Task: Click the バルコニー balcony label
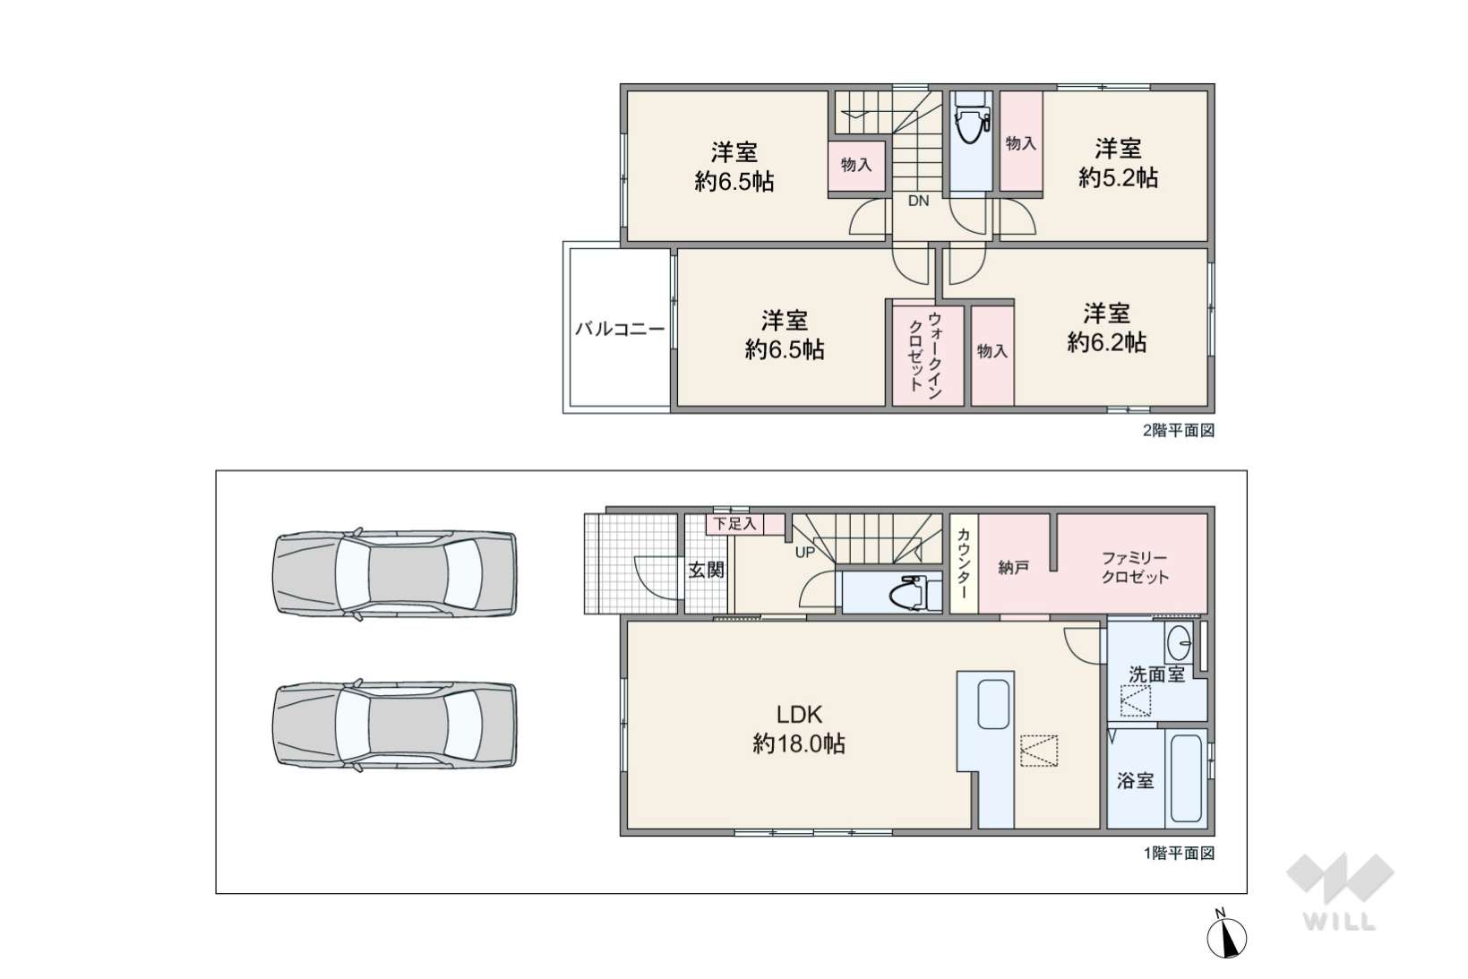point(619,329)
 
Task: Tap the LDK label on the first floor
point(799,714)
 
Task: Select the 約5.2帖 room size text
point(1118,177)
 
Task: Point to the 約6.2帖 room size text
point(1106,342)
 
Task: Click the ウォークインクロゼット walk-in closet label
point(926,354)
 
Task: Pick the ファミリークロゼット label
point(1135,568)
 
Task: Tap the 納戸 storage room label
point(1013,568)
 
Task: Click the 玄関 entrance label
point(706,570)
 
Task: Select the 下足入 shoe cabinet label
point(734,524)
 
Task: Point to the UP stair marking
point(805,553)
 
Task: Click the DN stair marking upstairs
point(918,202)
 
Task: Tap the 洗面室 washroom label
point(1156,674)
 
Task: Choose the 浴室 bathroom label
point(1135,780)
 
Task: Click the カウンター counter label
point(964,564)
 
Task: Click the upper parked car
point(394,574)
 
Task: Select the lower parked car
point(394,726)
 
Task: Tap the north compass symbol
point(1227,936)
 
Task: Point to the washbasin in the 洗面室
point(1180,642)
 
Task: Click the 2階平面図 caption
point(1179,431)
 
